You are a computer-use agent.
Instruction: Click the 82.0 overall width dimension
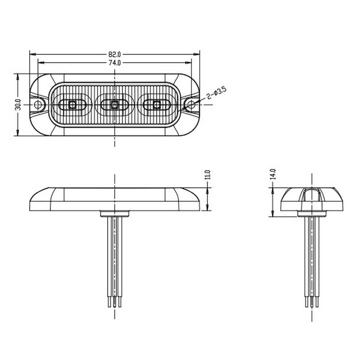coord(114,54)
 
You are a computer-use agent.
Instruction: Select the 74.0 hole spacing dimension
coord(114,63)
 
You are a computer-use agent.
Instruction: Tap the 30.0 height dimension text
coord(18,105)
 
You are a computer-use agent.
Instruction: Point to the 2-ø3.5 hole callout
coord(216,93)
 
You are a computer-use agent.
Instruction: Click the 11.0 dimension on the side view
coord(208,175)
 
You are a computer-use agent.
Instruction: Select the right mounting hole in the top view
coord(191,105)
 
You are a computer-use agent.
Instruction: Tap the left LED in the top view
coord(73,105)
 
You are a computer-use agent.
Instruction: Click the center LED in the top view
coord(114,105)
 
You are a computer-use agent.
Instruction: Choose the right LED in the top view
coord(157,105)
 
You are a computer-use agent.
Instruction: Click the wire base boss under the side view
coord(115,213)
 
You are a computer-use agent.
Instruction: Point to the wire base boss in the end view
coord(312,213)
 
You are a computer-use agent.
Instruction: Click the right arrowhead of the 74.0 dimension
coord(189,62)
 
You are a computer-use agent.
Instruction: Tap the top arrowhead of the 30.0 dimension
coord(18,77)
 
